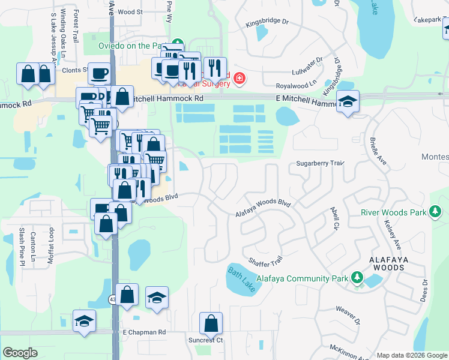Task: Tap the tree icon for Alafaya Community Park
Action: pos(357,278)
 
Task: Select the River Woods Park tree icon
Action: pos(435,212)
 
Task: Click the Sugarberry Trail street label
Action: pos(319,163)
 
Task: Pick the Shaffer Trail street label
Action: pos(265,262)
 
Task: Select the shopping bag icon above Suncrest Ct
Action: pos(211,323)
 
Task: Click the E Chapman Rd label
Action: pos(143,332)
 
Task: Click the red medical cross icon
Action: pos(239,78)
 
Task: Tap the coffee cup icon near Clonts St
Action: pos(99,73)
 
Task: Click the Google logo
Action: pos(20,353)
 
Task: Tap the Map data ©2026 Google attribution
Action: pos(411,355)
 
